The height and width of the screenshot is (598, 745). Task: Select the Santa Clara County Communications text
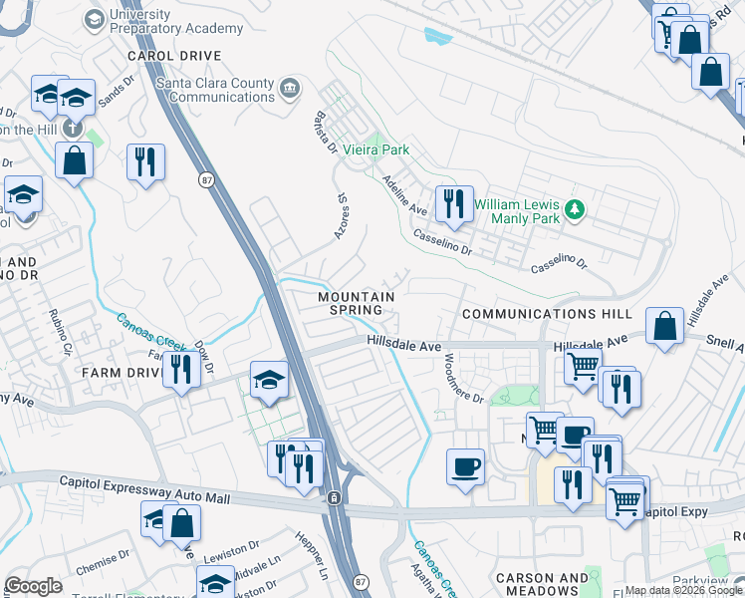click(223, 91)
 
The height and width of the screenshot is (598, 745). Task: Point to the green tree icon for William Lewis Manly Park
click(574, 210)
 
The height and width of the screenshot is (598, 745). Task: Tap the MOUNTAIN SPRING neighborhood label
click(356, 303)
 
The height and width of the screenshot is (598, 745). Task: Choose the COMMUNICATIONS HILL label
click(547, 314)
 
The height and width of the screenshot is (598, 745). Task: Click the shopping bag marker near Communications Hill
click(664, 325)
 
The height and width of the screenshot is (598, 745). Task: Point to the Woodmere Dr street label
click(463, 378)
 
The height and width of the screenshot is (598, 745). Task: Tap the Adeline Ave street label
click(403, 194)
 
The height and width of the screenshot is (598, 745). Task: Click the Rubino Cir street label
click(62, 332)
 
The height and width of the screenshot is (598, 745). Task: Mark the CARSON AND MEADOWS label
click(541, 585)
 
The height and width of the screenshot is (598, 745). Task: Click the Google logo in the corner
click(34, 586)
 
